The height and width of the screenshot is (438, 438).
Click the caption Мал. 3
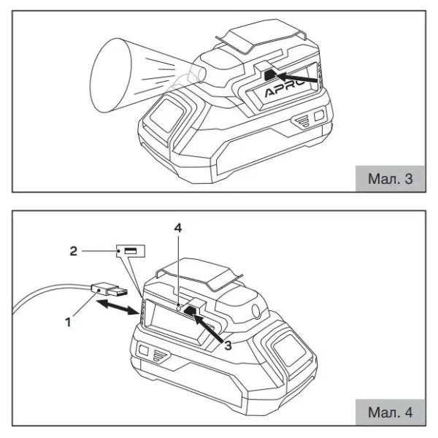(x=390, y=179)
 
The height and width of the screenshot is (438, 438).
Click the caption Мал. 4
(x=390, y=412)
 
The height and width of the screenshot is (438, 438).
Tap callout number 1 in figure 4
(x=68, y=322)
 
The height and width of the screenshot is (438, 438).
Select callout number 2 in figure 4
(x=73, y=251)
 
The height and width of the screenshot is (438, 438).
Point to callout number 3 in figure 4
(x=228, y=345)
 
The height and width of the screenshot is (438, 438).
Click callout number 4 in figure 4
(x=178, y=228)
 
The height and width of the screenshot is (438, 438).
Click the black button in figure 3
(x=270, y=75)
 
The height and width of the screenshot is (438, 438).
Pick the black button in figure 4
(x=192, y=311)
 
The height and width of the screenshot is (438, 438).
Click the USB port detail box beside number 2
(x=131, y=251)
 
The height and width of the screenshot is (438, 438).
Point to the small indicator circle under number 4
(x=180, y=308)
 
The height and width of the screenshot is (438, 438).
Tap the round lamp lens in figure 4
(x=255, y=311)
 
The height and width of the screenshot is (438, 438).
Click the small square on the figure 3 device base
(x=319, y=115)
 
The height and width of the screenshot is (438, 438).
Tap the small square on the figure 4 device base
(x=143, y=350)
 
